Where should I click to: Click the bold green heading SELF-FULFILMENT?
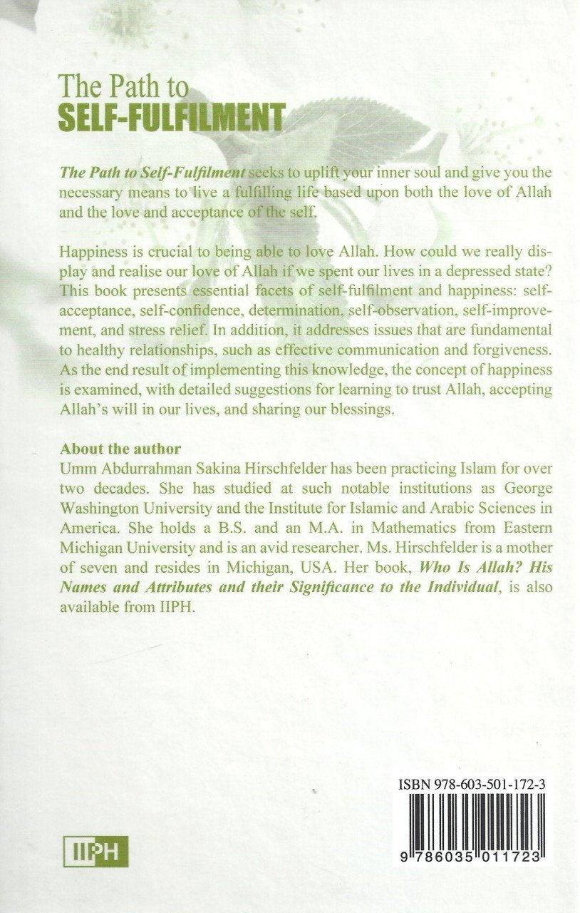coord(173,116)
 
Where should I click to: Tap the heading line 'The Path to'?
coord(125,88)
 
